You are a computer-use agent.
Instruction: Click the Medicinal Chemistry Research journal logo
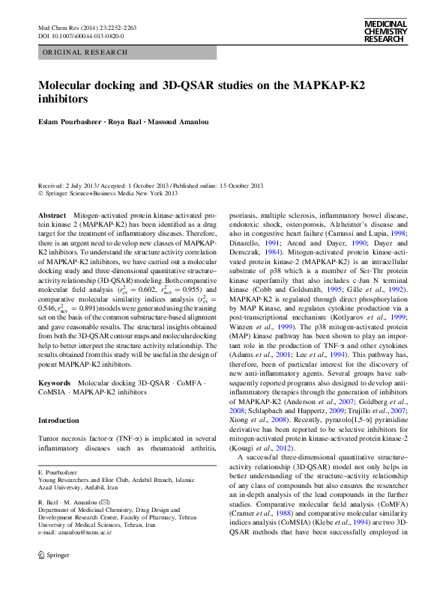pyautogui.click(x=385, y=31)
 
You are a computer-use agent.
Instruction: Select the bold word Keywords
pyautogui.click(x=54, y=382)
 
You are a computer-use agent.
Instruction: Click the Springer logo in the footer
pyautogui.click(x=52, y=576)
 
